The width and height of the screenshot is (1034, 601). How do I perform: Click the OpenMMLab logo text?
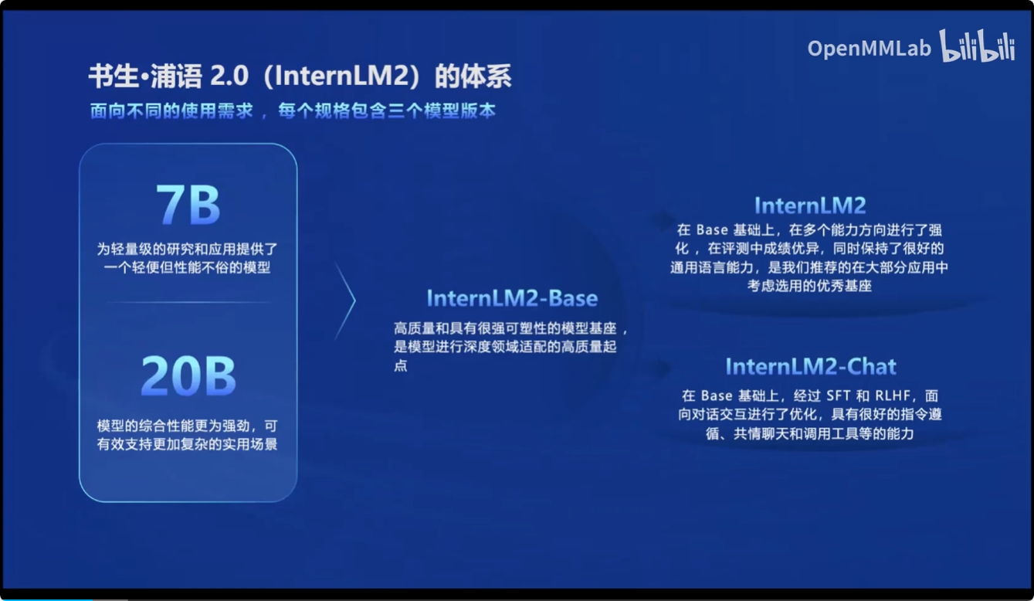(x=869, y=49)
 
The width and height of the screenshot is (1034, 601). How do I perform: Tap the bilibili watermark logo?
(x=977, y=46)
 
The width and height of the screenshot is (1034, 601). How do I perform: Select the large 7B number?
(x=188, y=205)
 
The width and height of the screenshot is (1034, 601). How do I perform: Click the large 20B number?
(x=188, y=375)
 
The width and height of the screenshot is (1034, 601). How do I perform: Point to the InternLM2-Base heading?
(x=512, y=298)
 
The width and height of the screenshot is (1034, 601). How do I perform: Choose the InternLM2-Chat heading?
(x=811, y=366)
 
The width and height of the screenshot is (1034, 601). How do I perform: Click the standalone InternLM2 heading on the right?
(x=810, y=205)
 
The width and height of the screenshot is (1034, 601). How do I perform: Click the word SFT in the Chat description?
(x=839, y=396)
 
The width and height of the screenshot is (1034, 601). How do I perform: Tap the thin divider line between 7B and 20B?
(x=188, y=302)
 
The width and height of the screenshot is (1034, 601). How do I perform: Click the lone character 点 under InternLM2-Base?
(x=401, y=365)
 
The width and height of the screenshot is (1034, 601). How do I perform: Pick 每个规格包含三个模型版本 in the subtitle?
(x=387, y=111)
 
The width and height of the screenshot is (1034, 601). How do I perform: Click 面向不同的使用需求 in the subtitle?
(x=171, y=111)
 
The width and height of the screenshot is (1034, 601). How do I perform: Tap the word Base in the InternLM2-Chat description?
(x=717, y=396)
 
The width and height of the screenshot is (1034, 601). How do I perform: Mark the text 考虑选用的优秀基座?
(x=809, y=286)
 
